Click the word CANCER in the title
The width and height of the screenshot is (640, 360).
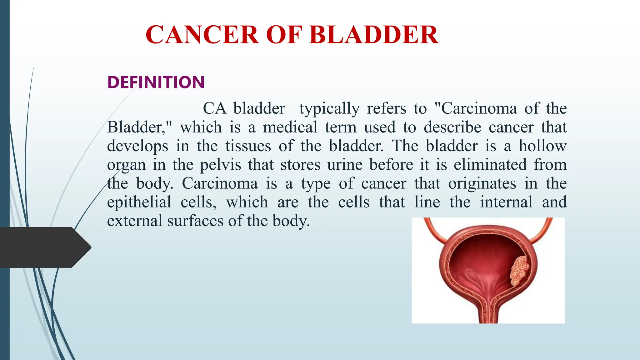pyautogui.click(x=202, y=35)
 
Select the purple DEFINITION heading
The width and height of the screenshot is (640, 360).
pyautogui.click(x=156, y=82)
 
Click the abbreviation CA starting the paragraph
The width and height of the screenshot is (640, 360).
pyautogui.click(x=214, y=108)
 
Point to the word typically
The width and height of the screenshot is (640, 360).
pyautogui.click(x=329, y=109)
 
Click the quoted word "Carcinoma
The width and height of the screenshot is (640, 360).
pyautogui.click(x=476, y=108)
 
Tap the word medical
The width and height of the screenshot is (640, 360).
pyautogui.click(x=290, y=127)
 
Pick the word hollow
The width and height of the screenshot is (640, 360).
pyautogui.click(x=542, y=146)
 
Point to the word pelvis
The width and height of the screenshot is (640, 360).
pyautogui.click(x=220, y=165)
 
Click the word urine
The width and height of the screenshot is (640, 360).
pyautogui.click(x=345, y=165)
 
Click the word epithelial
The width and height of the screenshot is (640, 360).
pyautogui.click(x=139, y=202)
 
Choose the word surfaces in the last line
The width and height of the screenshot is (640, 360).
pyautogui.click(x=195, y=221)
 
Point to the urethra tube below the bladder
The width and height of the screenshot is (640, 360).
pyautogui.click(x=488, y=312)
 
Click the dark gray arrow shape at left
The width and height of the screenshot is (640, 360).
pyautogui.click(x=44, y=247)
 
